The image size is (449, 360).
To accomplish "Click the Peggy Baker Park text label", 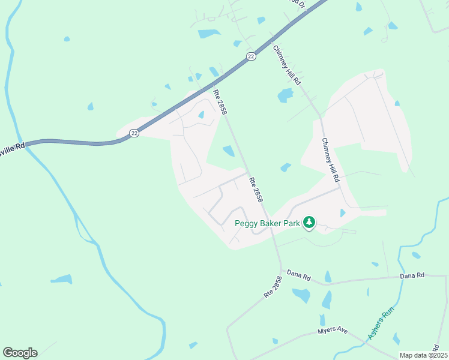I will click(x=267, y=223).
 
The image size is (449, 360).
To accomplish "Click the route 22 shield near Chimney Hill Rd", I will click(x=251, y=56).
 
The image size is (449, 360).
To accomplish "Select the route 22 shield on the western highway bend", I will click(x=134, y=133).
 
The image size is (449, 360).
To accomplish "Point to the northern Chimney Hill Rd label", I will click(x=287, y=65).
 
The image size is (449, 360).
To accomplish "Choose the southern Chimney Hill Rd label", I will click(x=331, y=160).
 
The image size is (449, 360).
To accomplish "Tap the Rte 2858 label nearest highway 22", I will click(x=220, y=101).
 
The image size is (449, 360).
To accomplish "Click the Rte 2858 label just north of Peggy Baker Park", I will click(x=256, y=188).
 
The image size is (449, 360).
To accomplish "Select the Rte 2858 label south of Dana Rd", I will click(x=272, y=287).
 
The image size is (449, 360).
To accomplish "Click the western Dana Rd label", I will click(x=298, y=277).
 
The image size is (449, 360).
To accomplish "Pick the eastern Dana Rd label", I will click(x=412, y=275).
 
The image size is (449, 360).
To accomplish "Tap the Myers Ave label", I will click(x=333, y=331).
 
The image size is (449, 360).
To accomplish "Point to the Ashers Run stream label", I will click(x=380, y=328).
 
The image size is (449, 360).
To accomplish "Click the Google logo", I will click(x=20, y=353).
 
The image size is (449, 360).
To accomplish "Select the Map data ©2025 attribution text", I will click(x=423, y=355).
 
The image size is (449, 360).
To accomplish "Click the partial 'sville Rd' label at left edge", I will click(x=12, y=146).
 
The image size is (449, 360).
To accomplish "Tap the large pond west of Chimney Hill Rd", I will click(x=285, y=95).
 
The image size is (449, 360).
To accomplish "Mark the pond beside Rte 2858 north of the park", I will click(x=229, y=151).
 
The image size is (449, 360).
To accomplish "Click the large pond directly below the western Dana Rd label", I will click(x=301, y=295).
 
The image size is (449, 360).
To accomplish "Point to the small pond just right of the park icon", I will click(x=342, y=213).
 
